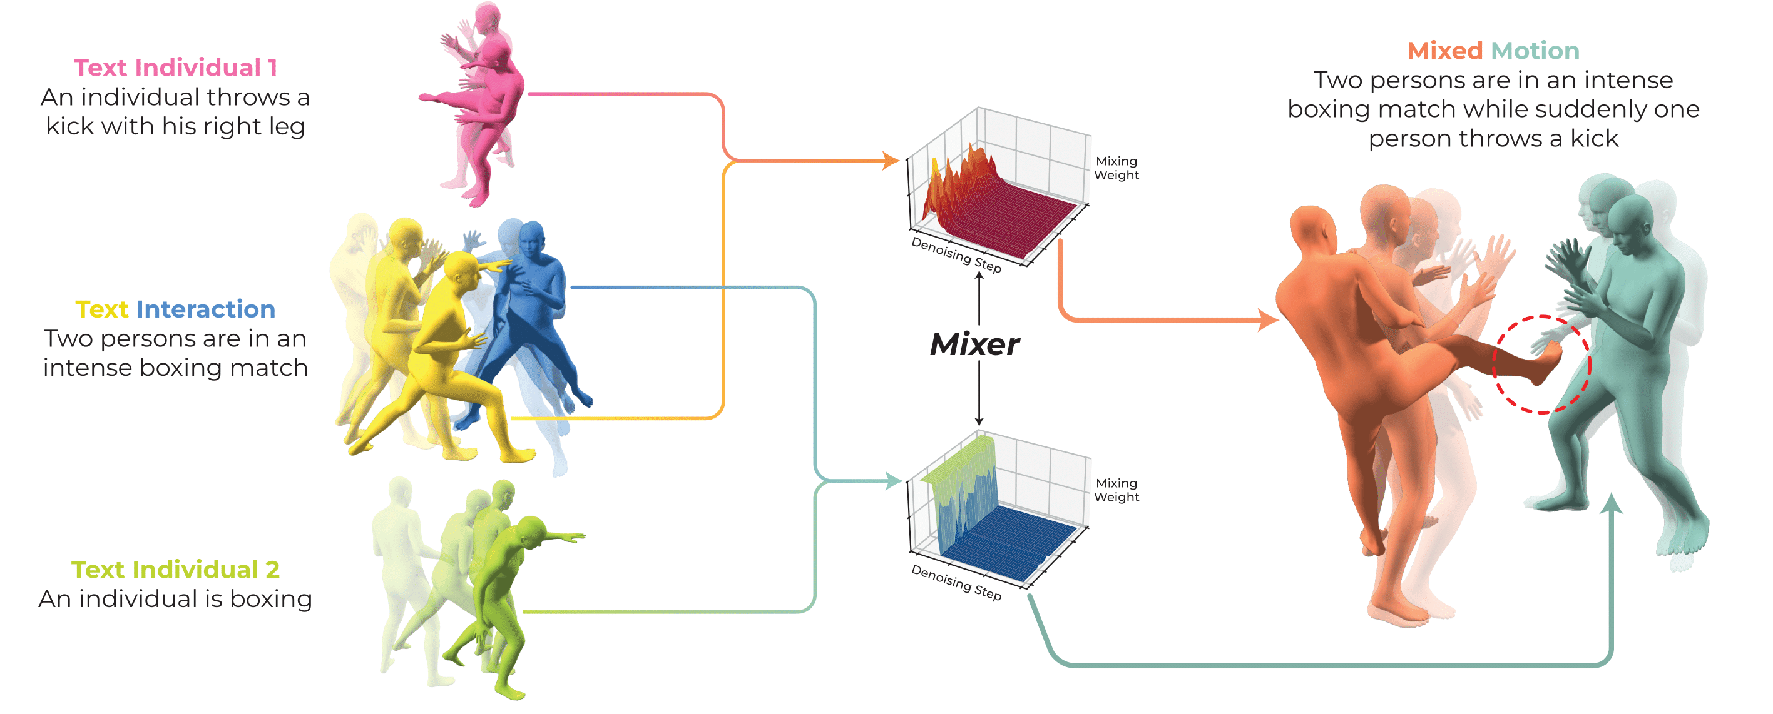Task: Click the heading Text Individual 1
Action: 175,68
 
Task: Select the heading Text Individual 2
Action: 175,570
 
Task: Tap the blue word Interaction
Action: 206,309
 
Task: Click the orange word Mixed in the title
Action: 1444,51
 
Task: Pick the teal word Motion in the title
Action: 1535,51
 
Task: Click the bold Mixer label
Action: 974,344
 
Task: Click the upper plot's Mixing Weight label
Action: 1116,168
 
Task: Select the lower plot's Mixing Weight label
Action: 1116,490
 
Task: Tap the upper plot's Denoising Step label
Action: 956,254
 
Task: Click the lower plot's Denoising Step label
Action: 956,582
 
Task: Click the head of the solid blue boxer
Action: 532,239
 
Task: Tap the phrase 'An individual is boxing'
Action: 175,599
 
